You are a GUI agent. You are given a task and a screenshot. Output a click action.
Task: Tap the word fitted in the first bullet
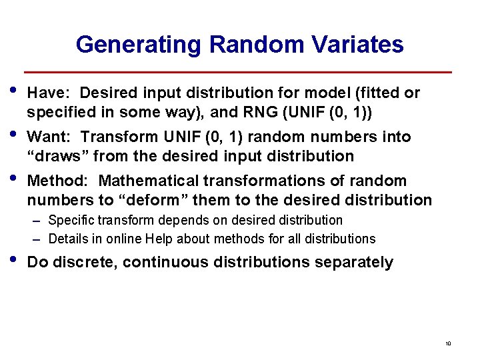coord(380,93)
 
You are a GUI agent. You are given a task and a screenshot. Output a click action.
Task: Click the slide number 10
coord(448,343)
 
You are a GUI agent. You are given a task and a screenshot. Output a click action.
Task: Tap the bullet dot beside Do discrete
coord(14,259)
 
